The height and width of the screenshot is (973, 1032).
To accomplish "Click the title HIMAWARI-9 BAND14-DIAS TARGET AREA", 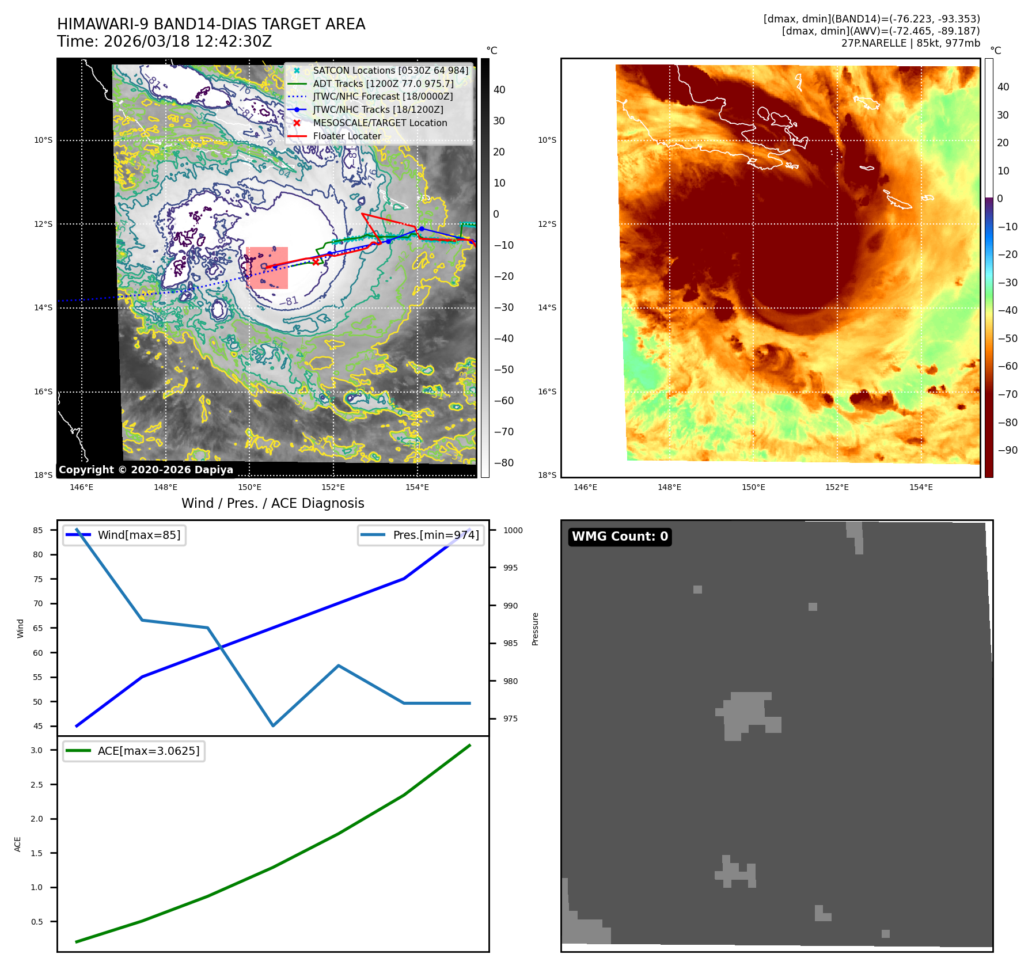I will pyautogui.click(x=211, y=24).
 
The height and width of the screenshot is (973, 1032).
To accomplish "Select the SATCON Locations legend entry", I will pyautogui.click(x=390, y=70).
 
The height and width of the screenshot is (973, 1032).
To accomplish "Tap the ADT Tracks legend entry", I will pyautogui.click(x=383, y=83).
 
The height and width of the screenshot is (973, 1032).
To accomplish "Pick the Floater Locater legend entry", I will pyautogui.click(x=347, y=136).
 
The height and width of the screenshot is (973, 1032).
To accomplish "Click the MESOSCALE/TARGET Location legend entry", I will pyautogui.click(x=380, y=123).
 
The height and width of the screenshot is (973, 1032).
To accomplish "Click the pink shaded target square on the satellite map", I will pyautogui.click(x=267, y=268).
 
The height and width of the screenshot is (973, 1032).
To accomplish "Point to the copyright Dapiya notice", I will pyautogui.click(x=146, y=469).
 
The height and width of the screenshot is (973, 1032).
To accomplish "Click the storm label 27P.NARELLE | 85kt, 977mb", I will pyautogui.click(x=910, y=43).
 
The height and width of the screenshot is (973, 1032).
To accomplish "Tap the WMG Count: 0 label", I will pyautogui.click(x=620, y=536).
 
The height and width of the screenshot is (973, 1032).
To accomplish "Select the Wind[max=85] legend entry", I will pyautogui.click(x=139, y=535).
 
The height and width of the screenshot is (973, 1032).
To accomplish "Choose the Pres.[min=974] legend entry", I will pyautogui.click(x=435, y=535).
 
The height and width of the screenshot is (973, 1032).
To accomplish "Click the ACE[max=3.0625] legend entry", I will pyautogui.click(x=148, y=751).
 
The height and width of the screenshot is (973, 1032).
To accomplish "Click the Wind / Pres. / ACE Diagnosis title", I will pyautogui.click(x=272, y=503).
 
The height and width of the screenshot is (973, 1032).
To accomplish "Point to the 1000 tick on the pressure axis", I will pyautogui.click(x=513, y=530).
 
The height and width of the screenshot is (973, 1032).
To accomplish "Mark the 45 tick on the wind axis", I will pyautogui.click(x=38, y=726).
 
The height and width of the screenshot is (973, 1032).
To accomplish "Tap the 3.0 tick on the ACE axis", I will pyautogui.click(x=37, y=750).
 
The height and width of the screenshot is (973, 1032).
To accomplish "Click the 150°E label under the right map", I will pyautogui.click(x=753, y=487).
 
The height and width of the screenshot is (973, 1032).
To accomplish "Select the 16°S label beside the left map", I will pyautogui.click(x=43, y=392).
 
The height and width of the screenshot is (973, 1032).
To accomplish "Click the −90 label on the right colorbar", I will pyautogui.click(x=1007, y=450).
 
